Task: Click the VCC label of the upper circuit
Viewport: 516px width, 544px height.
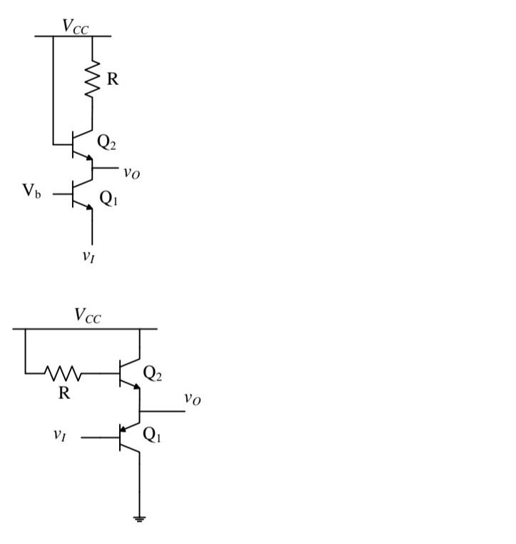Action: pos(75,27)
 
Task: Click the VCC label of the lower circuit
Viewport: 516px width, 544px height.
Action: pos(88,316)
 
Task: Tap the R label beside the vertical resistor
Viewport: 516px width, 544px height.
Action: pos(113,79)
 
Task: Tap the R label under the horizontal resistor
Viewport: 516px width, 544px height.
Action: pos(64,392)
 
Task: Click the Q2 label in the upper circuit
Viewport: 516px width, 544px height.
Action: pos(107,143)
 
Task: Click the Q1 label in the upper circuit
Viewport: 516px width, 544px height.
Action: pos(108,199)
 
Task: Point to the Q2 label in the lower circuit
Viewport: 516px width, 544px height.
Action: pos(153,373)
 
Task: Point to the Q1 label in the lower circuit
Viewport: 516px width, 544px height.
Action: pos(153,435)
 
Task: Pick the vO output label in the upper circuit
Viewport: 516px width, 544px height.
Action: pos(131,172)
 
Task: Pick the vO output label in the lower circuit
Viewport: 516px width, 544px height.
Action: pos(192,398)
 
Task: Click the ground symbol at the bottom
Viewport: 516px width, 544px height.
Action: pos(138,519)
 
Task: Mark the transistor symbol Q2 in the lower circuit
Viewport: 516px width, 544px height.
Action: pos(129,373)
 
